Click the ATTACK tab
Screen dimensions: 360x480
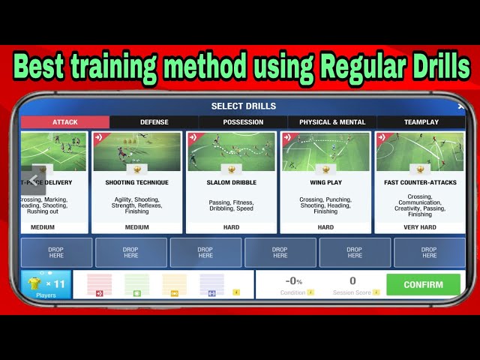click(65, 122)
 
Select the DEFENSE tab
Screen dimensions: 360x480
click(154, 122)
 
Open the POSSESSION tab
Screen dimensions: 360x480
click(243, 122)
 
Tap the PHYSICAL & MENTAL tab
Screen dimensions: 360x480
click(332, 122)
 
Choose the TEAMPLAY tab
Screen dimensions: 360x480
click(421, 122)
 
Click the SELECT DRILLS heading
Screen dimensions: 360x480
click(243, 106)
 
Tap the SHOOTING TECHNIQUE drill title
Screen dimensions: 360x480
click(136, 182)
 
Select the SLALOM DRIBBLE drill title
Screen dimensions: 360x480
click(231, 182)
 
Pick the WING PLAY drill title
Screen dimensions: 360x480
click(325, 182)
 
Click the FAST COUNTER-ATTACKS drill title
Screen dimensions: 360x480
click(420, 182)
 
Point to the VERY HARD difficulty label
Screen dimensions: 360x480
click(420, 226)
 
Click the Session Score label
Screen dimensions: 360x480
click(352, 292)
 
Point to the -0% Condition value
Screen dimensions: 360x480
click(293, 282)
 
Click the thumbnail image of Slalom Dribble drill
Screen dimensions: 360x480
click(231, 152)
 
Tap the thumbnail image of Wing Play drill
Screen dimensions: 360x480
click(325, 152)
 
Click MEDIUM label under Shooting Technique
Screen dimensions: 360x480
click(136, 226)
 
